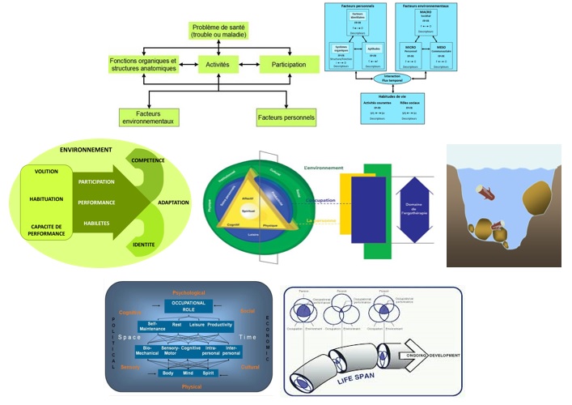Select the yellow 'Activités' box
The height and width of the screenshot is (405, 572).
(218, 64)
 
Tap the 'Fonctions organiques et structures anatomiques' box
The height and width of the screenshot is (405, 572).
(142, 64)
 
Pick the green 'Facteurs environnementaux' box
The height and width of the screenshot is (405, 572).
(148, 117)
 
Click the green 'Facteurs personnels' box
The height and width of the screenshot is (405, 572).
(286, 118)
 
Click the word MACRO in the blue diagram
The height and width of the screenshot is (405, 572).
(426, 12)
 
